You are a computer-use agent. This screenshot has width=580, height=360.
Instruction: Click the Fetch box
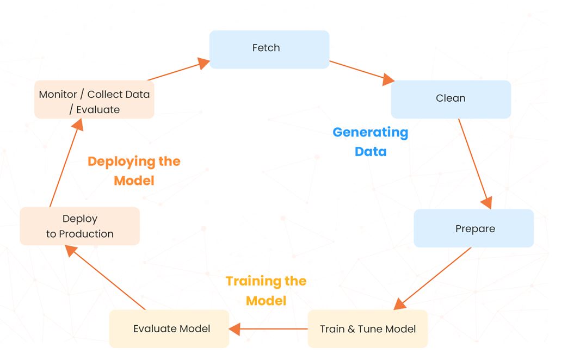click(x=269, y=49)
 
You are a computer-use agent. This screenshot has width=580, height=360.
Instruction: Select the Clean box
click(x=451, y=99)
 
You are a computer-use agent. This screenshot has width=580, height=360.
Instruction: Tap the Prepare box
click(x=473, y=228)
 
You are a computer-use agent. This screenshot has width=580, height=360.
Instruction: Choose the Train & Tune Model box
click(x=368, y=329)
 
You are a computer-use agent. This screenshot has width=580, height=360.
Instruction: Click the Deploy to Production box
click(x=80, y=226)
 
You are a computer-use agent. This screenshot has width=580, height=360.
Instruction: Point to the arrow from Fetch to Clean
click(x=362, y=72)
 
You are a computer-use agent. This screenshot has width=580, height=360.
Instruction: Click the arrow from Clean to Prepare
click(x=474, y=163)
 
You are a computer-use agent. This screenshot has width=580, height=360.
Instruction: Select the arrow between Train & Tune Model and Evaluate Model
click(x=269, y=328)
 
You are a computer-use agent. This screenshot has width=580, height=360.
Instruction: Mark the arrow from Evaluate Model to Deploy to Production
click(x=106, y=277)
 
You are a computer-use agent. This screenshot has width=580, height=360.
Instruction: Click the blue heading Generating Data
click(x=370, y=141)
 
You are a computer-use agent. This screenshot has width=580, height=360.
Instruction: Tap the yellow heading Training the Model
click(x=266, y=290)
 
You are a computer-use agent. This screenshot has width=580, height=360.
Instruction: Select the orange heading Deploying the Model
click(x=134, y=170)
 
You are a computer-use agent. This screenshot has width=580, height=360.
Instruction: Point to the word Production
click(x=86, y=234)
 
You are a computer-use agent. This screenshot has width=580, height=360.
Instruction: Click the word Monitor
click(x=58, y=94)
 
